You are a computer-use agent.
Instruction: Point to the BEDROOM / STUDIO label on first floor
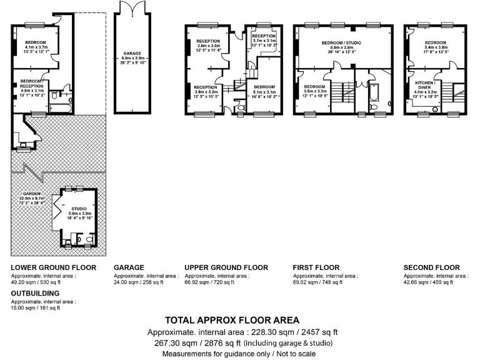[x=346, y=42]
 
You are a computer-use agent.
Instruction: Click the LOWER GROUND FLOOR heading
[x=54, y=267]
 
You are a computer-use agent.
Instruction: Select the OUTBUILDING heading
[x=35, y=292]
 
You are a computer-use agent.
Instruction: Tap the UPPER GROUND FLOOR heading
[x=226, y=267]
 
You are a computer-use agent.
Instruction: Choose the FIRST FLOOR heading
[x=316, y=267]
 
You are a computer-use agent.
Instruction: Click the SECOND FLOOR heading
[x=431, y=267]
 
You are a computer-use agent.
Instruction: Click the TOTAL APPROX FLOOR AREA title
[x=232, y=320]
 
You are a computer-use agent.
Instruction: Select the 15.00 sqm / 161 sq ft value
[x=36, y=307]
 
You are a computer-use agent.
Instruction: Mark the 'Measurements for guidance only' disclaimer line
[x=239, y=353]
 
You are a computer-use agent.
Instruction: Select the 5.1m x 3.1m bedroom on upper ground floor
[x=264, y=89]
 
